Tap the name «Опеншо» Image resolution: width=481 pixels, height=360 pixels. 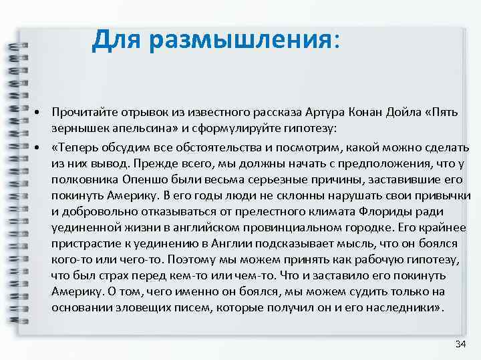click(147, 180)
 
